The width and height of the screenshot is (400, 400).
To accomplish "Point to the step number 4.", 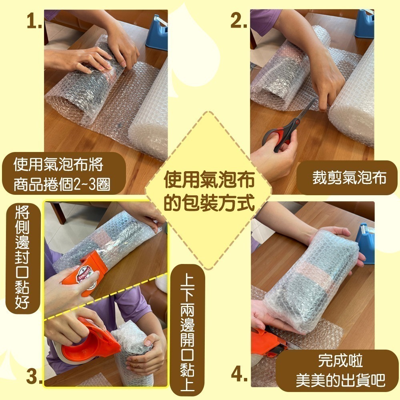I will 238,375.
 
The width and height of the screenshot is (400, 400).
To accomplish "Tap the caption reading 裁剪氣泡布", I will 349,178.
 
